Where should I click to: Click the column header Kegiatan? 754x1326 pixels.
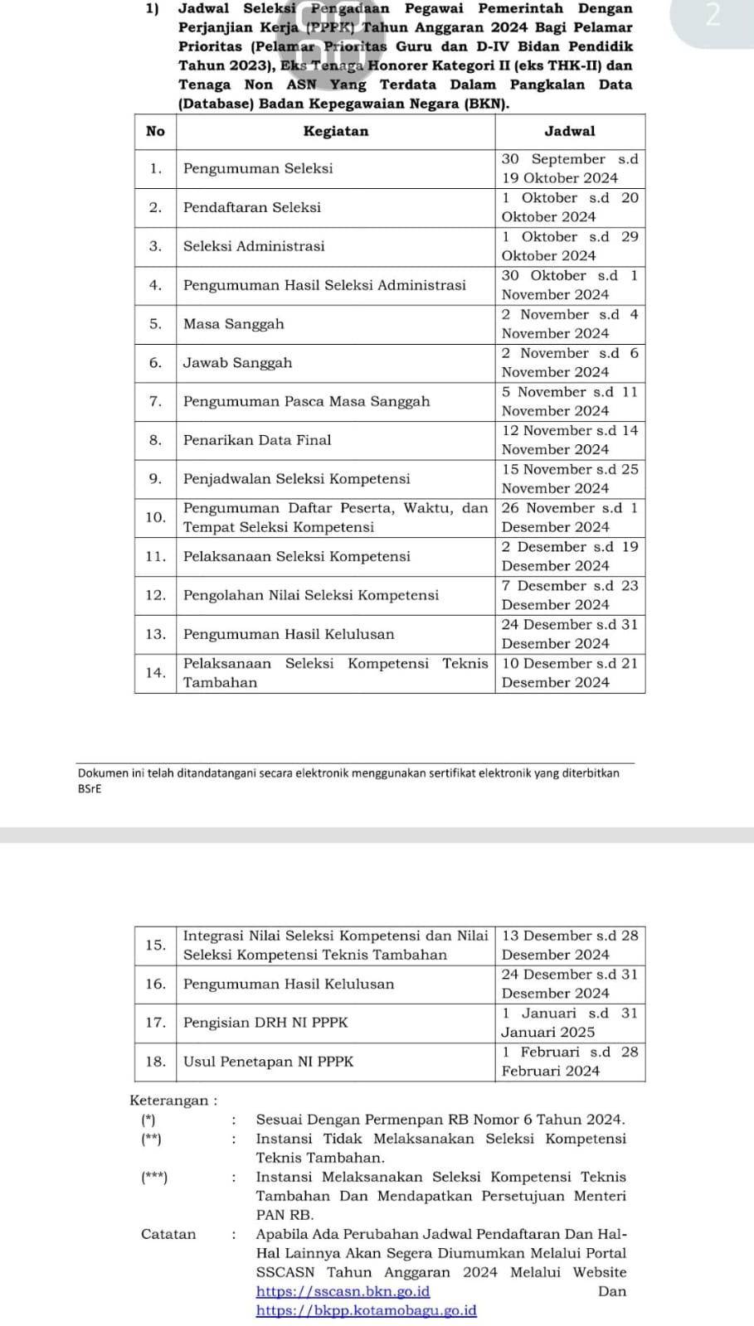335,131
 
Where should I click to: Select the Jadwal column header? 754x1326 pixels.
569,131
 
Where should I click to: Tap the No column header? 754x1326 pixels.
155,131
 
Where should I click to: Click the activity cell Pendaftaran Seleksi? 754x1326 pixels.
252,207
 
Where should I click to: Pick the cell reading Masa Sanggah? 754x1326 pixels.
234,324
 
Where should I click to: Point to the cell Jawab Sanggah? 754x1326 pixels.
238,363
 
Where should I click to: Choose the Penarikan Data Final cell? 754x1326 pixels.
257,440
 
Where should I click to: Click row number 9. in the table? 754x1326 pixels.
155,479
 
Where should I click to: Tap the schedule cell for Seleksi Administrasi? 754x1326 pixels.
569,246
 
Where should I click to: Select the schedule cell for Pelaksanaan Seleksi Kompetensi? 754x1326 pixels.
569,556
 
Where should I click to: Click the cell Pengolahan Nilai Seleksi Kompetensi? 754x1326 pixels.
311,595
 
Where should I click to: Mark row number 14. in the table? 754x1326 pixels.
155,673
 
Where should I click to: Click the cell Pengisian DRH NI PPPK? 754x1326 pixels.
265,1023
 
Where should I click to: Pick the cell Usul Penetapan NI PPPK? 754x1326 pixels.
268,1062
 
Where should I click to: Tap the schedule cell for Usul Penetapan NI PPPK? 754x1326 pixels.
569,1062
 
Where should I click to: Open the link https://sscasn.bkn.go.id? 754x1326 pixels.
343,1291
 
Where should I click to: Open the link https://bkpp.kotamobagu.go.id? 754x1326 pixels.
366,1310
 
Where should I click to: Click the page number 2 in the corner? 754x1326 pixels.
711,17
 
